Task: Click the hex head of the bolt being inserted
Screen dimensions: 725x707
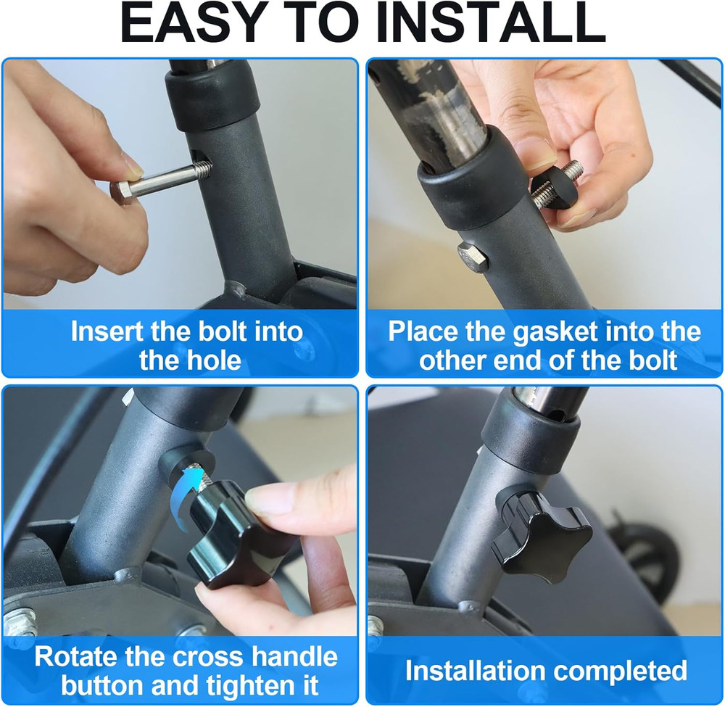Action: tap(123, 193)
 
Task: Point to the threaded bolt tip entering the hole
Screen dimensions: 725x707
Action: tap(202, 169)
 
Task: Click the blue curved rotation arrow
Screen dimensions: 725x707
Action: tap(184, 496)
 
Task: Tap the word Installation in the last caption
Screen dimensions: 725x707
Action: tap(476, 671)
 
